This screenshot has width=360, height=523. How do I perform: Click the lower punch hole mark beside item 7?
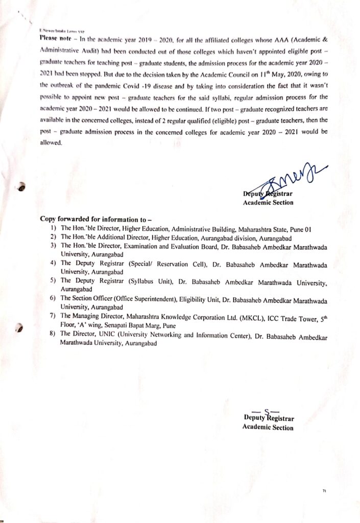pyautogui.click(x=21, y=327)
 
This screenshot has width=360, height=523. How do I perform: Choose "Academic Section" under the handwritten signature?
pyautogui.click(x=268, y=203)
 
